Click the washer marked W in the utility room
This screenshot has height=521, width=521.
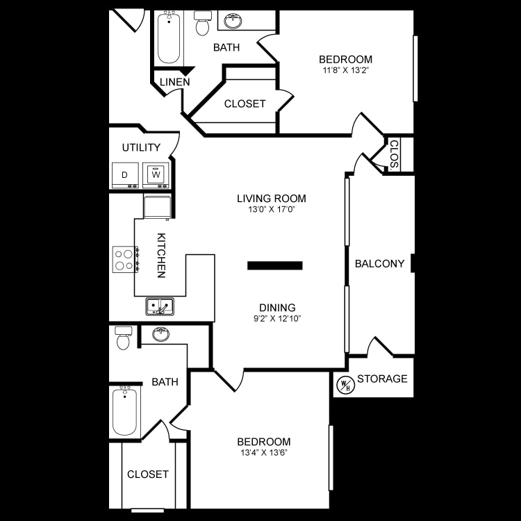click(156, 175)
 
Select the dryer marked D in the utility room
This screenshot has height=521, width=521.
click(125, 175)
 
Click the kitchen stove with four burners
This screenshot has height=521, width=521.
click(125, 260)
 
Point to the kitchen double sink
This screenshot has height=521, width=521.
click(160, 306)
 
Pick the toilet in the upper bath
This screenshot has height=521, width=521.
click(203, 24)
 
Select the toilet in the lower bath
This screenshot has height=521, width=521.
click(124, 338)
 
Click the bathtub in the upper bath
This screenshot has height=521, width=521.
click(169, 38)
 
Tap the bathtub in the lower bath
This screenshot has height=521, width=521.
click(125, 411)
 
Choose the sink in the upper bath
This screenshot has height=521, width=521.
click(233, 21)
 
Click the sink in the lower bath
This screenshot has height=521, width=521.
click(161, 334)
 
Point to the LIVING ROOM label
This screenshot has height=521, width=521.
click(271, 199)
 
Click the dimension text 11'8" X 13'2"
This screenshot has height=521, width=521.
click(345, 70)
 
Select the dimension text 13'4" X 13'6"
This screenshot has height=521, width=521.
click(263, 452)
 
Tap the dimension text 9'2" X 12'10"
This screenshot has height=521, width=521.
click(277, 319)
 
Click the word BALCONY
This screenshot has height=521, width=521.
click(379, 263)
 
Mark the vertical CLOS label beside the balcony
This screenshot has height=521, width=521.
click(393, 155)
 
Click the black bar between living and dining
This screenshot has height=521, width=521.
click(275, 265)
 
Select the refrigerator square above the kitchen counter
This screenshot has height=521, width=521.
click(157, 206)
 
